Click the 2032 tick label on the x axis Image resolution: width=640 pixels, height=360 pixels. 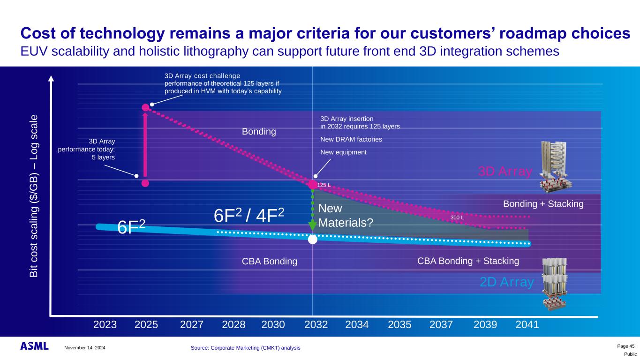[316, 324]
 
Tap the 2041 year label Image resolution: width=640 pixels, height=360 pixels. [527, 324]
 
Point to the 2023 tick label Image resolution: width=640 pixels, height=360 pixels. [105, 324]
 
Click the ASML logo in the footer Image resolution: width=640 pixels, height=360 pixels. [34, 346]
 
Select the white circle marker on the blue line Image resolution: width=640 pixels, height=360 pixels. [313, 239]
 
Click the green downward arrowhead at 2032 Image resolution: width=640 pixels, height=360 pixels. [313, 226]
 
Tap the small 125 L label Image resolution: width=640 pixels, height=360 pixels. [324, 185]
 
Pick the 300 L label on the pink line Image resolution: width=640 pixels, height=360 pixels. [457, 217]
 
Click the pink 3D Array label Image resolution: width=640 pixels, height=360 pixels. [505, 172]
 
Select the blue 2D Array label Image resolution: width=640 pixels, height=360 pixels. [507, 282]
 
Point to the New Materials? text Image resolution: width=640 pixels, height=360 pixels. [346, 216]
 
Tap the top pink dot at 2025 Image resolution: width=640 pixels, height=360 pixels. [145, 107]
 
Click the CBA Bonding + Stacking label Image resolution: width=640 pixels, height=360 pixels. [468, 261]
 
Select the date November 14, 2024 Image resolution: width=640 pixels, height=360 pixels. [85, 347]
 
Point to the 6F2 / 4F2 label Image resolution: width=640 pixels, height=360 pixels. [249, 216]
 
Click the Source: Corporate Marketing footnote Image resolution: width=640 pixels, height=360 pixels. [246, 347]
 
